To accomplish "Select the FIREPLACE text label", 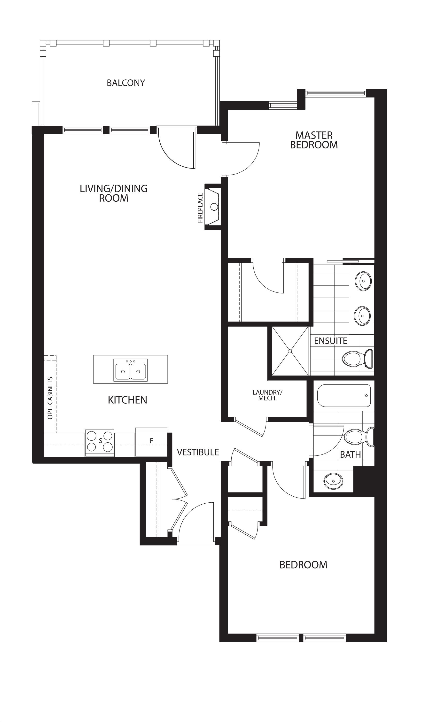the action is (x=200, y=208).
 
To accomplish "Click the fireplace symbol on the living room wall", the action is (x=212, y=207).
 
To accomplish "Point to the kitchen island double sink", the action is (x=130, y=370).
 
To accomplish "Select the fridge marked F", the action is (x=151, y=442).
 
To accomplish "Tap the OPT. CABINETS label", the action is (x=50, y=398).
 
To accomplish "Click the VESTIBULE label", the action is (x=198, y=452).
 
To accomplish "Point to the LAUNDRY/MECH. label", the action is (x=267, y=395).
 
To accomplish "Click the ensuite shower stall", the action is (x=290, y=350).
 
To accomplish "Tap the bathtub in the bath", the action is (x=344, y=396).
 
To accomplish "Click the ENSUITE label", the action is (x=330, y=341).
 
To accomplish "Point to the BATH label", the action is (x=350, y=454).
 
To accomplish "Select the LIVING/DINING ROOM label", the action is (x=114, y=193).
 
